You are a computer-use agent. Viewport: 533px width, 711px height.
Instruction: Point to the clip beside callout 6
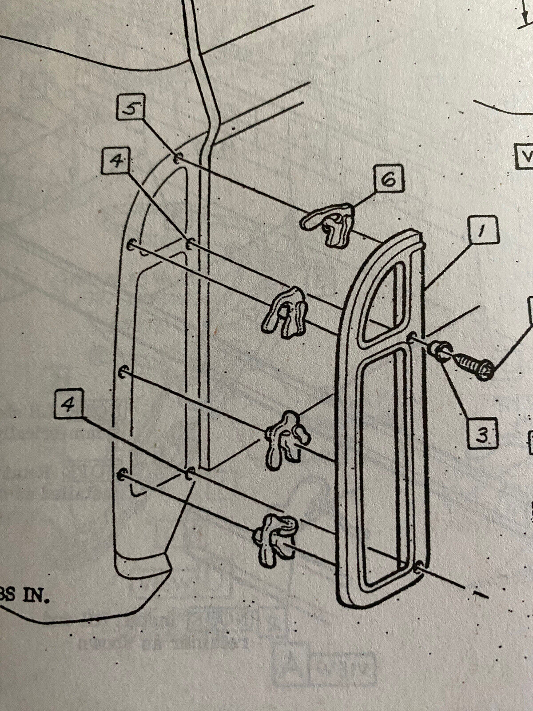(327, 223)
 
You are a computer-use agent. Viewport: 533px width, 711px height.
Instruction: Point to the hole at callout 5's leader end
(176, 159)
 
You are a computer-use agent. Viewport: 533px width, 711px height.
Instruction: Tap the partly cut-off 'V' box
(524, 156)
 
